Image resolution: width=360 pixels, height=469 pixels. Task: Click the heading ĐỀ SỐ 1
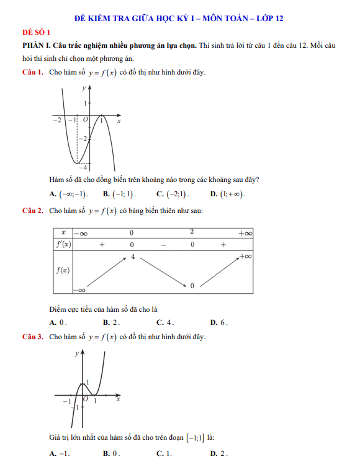pyautogui.click(x=37, y=32)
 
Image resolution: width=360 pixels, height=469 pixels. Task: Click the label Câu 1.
pyautogui.click(x=32, y=73)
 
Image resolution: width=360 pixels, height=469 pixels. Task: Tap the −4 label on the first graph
pyautogui.click(x=81, y=166)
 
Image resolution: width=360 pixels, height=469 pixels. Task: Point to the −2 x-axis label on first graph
pyautogui.click(x=56, y=119)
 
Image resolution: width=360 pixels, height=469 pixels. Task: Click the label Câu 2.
pyautogui.click(x=32, y=211)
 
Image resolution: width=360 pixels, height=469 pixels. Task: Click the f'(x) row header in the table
pyautogui.click(x=63, y=245)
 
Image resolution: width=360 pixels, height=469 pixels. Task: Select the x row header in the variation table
pyautogui.click(x=63, y=232)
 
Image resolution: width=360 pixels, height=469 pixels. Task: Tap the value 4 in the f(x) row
pyautogui.click(x=132, y=257)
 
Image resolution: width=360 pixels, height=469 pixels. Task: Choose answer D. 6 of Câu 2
pyautogui.click(x=219, y=322)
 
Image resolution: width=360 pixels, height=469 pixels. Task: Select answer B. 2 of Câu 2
pyautogui.click(x=112, y=322)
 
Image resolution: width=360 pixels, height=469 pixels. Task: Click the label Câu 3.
pyautogui.click(x=32, y=337)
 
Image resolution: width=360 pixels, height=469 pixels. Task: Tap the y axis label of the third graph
pyautogui.click(x=77, y=353)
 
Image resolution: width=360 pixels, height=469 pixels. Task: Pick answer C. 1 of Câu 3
pyautogui.click(x=164, y=454)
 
